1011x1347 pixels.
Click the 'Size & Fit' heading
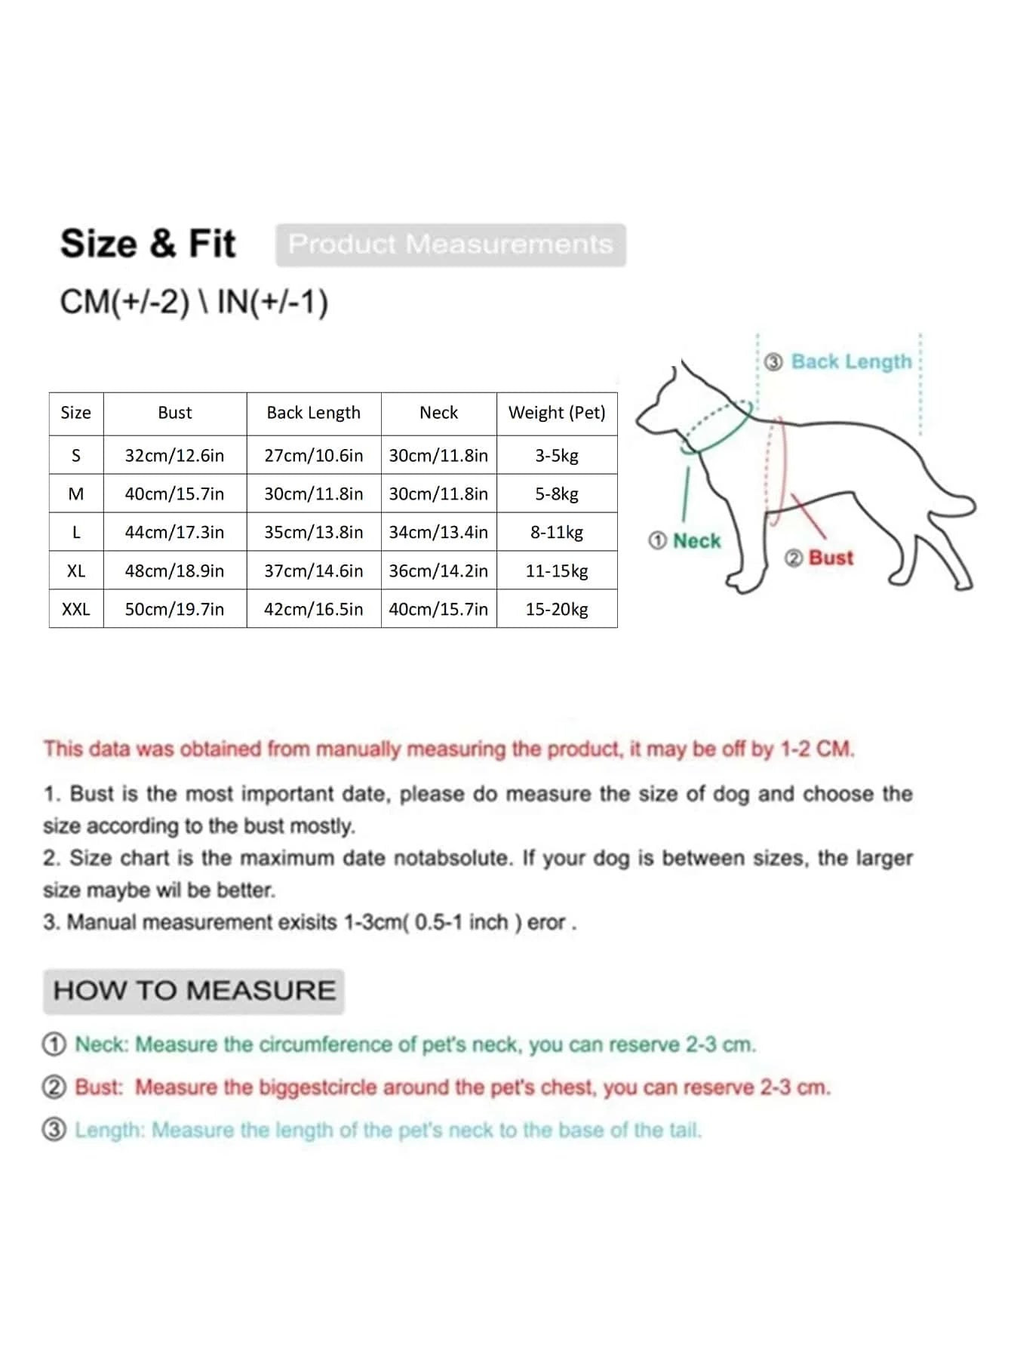[x=148, y=244]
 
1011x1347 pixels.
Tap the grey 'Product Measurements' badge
[x=450, y=244]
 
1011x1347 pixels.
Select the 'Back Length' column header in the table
[x=313, y=413]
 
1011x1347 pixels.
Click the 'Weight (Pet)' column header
[x=557, y=413]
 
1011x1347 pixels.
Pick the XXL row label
[x=75, y=609]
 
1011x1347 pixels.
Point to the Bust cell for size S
[x=174, y=456]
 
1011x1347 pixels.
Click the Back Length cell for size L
[x=313, y=532]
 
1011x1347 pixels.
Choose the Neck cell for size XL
[x=438, y=570]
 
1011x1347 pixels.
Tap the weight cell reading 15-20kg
[x=557, y=609]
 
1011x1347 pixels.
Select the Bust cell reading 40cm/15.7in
[x=174, y=494]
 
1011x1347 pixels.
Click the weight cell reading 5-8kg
[x=557, y=494]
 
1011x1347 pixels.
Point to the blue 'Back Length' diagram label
[x=851, y=361]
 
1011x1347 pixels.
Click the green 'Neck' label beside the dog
[x=696, y=541]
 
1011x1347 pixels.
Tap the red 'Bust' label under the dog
[x=831, y=558]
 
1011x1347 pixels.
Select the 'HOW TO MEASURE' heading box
[x=194, y=991]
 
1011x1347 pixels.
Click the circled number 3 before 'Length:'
[x=54, y=1130]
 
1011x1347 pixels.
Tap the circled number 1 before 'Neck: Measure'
[x=54, y=1045]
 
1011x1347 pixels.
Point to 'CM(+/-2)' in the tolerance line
[x=124, y=303]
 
